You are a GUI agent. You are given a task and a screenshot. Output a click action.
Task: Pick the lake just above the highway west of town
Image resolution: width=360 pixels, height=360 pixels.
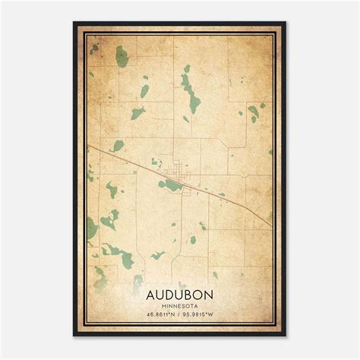118,145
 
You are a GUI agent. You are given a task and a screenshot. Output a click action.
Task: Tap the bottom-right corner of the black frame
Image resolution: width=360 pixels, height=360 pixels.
284,335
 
